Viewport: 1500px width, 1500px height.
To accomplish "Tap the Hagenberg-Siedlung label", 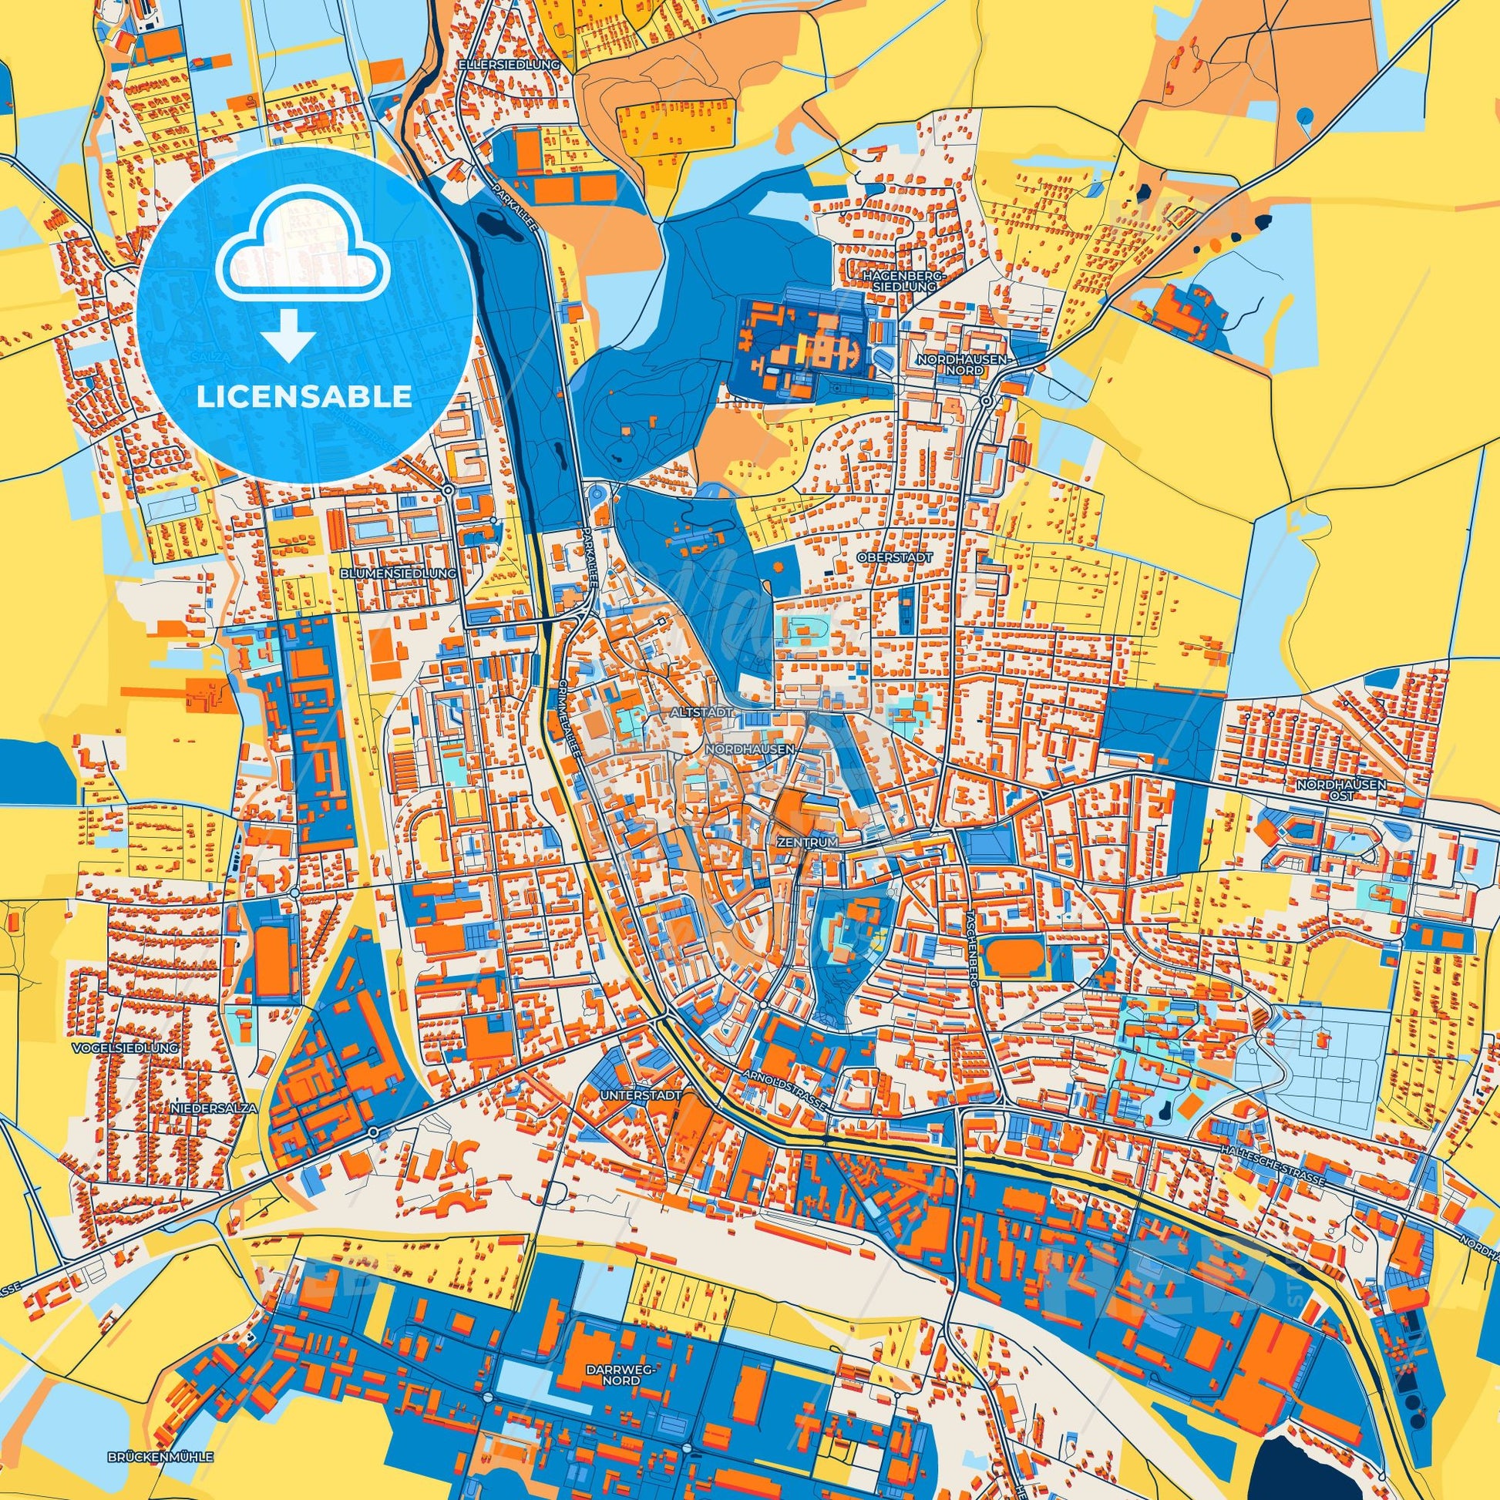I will [x=899, y=281].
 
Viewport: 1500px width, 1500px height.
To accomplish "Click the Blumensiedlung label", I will [x=398, y=573].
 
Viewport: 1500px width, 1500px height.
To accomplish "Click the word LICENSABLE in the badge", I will [x=304, y=398].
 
